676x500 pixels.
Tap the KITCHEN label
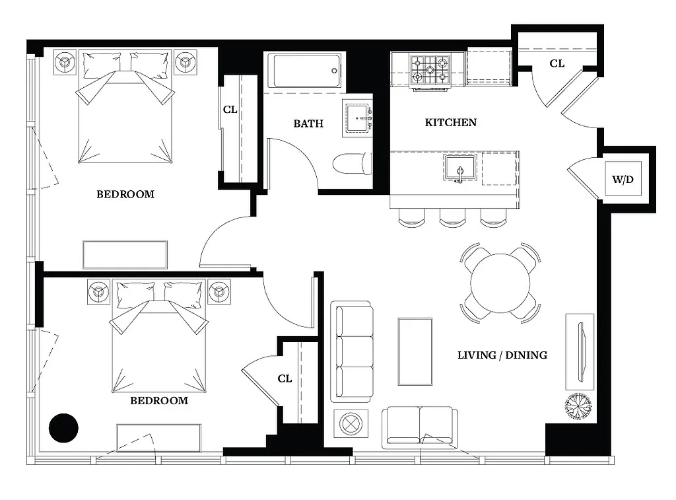click(450, 122)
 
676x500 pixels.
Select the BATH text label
click(308, 123)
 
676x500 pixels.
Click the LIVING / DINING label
click(502, 355)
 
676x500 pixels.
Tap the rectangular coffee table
click(415, 351)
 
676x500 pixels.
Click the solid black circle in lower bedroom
click(64, 427)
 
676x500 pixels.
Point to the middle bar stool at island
click(453, 219)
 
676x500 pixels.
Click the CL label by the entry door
click(557, 63)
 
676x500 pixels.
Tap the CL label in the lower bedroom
click(285, 378)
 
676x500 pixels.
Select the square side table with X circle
click(349, 423)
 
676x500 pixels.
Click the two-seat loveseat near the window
click(420, 425)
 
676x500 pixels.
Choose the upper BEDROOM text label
click(125, 194)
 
